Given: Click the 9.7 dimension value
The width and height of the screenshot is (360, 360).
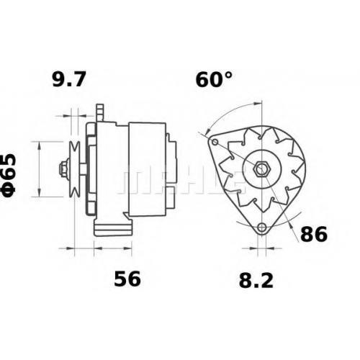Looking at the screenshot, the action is coord(68,80).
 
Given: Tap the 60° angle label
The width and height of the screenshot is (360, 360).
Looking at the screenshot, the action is coord(214,79).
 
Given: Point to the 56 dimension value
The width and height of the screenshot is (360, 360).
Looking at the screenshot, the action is coord(127,279).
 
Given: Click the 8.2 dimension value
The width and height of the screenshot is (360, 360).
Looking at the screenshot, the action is coord(256,281).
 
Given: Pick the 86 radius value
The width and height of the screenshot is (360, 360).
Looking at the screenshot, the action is coord(314,234).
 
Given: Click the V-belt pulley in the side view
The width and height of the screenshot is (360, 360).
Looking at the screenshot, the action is coord(74,169).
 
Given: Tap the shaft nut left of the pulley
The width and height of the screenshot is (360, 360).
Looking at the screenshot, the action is coord(63,169).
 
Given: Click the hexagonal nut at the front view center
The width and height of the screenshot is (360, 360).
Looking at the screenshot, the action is coord(262,169).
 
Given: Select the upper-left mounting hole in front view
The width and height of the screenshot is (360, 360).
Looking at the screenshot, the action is coord(215,142).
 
